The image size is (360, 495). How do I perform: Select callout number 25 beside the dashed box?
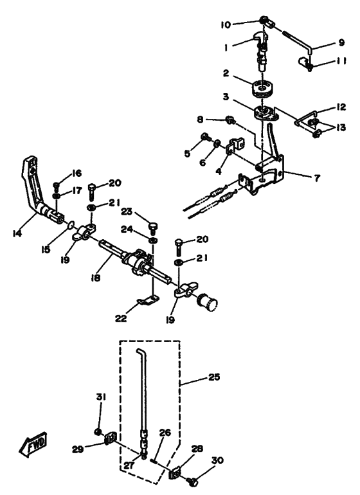(x=214, y=377)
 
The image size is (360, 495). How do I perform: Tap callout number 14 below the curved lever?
(x=17, y=233)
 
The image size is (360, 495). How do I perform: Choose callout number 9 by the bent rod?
(x=341, y=42)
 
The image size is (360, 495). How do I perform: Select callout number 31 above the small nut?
(x=101, y=397)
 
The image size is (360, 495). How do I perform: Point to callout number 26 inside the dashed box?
(x=165, y=432)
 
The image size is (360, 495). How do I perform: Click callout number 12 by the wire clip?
(x=341, y=107)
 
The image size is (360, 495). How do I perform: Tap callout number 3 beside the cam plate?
(x=226, y=96)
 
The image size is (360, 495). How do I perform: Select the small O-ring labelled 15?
(x=71, y=225)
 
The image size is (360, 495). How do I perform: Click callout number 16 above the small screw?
(x=76, y=173)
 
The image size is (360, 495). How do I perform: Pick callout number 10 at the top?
(x=226, y=24)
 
